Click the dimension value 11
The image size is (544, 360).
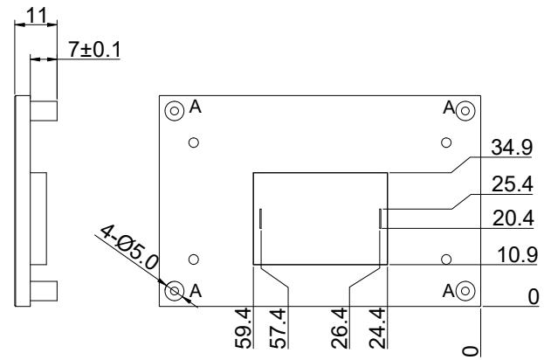coord(36,16)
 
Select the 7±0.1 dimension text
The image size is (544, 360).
coord(94,49)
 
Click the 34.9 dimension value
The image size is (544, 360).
coord(512,147)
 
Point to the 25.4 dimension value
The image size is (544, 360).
coord(513,184)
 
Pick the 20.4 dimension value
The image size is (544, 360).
coord(513,218)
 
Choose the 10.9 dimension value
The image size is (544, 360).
coord(517,255)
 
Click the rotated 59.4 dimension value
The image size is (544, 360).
coord(243,328)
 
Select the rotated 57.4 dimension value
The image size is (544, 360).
coord(278,328)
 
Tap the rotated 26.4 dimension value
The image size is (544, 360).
coord(340,328)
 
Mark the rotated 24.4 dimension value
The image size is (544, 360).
coord(377,328)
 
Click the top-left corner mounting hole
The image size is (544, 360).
coord(175,111)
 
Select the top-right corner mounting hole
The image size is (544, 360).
coord(465,111)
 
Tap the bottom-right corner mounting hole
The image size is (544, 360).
coord(465,291)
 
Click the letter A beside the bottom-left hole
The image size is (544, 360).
coord(196,291)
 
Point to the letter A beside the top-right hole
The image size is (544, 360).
coord(450,107)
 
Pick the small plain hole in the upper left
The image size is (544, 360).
coord(194,142)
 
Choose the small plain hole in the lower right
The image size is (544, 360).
coord(446,260)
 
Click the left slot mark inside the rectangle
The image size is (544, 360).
coord(260,218)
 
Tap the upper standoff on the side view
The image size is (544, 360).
coord(44,111)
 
